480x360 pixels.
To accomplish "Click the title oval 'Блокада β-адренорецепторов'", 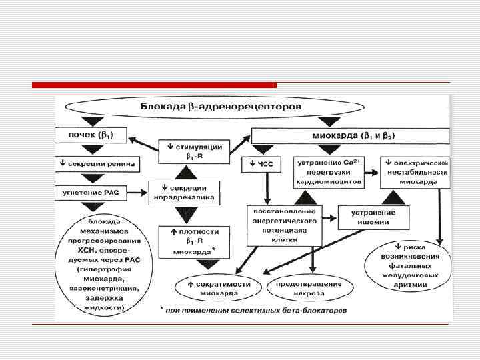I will (221, 106).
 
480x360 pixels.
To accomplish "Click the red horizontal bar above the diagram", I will (154, 85).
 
